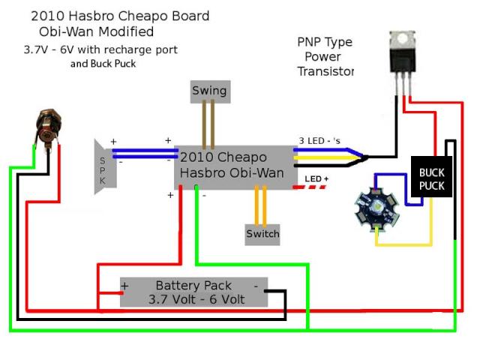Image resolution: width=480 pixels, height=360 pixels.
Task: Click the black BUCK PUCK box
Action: (431, 178)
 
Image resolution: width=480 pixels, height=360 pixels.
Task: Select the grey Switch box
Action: (262, 234)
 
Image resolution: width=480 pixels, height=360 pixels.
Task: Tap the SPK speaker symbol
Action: (103, 166)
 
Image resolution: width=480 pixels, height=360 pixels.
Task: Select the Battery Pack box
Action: (194, 292)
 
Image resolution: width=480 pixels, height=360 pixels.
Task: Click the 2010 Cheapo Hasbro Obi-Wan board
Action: (232, 165)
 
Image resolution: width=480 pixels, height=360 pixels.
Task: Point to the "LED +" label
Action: (317, 178)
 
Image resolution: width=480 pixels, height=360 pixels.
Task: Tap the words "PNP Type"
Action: (324, 42)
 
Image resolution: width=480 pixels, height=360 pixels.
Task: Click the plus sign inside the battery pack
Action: (125, 286)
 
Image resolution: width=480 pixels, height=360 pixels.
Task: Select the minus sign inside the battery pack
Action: (256, 285)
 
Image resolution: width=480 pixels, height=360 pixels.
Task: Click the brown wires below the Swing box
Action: (209, 124)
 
